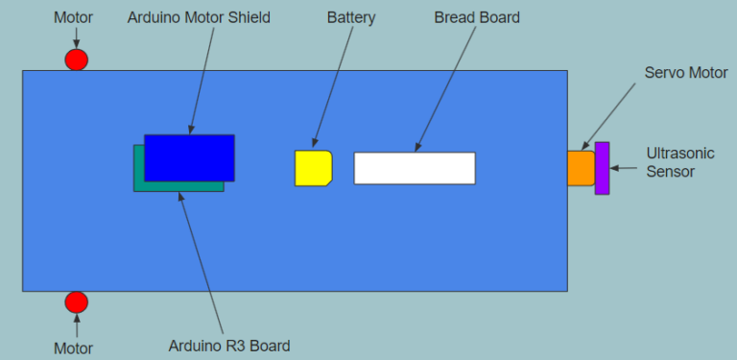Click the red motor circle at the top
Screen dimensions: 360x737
point(77,60)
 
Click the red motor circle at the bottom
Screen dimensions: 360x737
point(77,302)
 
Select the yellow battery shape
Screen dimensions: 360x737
point(313,168)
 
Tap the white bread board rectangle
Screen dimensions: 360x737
point(415,168)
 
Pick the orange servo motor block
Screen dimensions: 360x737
point(580,168)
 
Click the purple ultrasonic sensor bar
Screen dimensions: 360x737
point(602,168)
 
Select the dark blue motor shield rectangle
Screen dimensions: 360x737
point(190,157)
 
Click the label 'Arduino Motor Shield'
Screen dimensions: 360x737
point(200,18)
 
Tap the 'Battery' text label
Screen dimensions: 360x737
point(351,18)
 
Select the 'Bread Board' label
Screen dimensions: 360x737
point(477,18)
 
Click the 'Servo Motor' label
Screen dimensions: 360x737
point(686,73)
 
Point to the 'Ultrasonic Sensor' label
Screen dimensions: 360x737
point(677,162)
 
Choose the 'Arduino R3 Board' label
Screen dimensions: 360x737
point(228,346)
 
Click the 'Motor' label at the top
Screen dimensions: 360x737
point(74,18)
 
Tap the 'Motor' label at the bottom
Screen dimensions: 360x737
point(74,348)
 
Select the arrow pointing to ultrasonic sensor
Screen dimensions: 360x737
point(626,168)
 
